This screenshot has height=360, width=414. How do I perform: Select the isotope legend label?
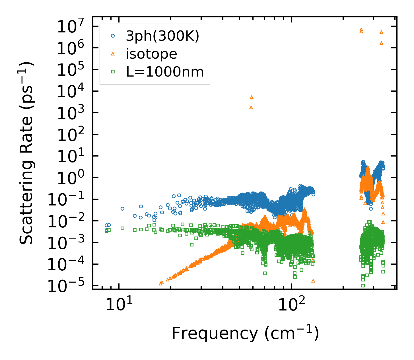tap(151, 54)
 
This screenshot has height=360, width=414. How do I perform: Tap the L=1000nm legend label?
tap(165, 72)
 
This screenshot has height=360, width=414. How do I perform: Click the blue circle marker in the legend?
tap(113, 36)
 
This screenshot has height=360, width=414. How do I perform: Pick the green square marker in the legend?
tap(113, 72)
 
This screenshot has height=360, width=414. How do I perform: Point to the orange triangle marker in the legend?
tap(113, 54)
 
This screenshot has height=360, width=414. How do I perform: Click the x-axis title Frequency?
tap(245, 333)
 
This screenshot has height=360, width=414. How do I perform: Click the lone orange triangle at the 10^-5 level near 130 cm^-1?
tap(313, 281)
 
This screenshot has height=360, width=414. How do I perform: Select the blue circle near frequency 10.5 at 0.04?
tap(122, 209)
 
